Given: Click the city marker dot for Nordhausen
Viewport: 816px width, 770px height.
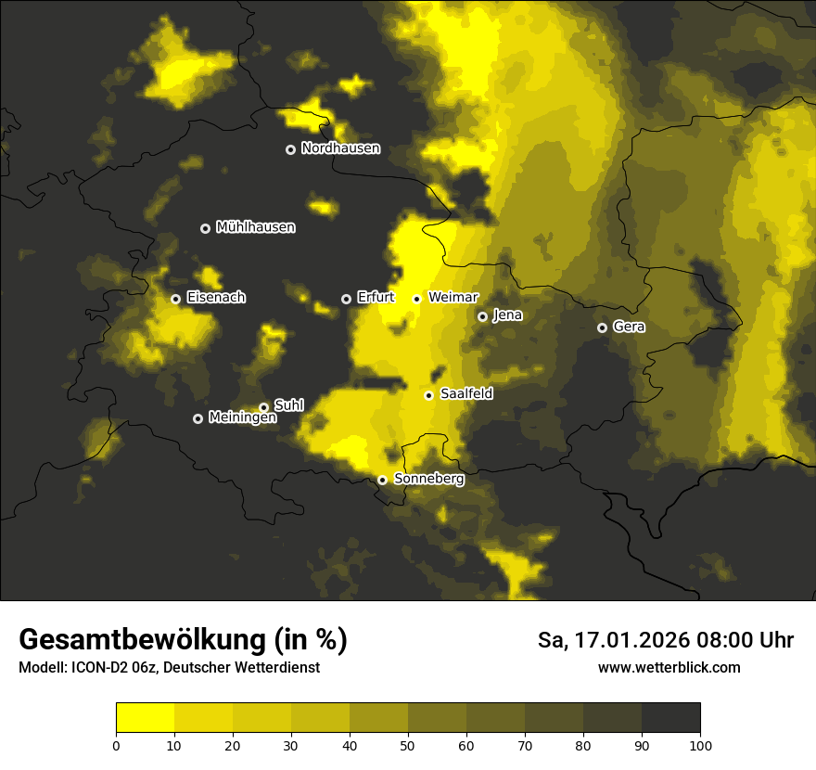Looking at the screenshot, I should (290, 149).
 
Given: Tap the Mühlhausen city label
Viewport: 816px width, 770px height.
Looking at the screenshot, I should (255, 227).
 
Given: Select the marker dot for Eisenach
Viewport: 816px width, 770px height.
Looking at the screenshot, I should (175, 299).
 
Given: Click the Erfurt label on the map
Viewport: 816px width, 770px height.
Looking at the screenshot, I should (376, 298).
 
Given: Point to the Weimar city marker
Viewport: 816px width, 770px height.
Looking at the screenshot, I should (417, 299).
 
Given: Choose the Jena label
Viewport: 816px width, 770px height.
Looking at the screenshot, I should (507, 315).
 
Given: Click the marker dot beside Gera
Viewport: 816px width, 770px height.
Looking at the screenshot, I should (603, 327).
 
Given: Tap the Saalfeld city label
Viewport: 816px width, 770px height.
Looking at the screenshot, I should (466, 394).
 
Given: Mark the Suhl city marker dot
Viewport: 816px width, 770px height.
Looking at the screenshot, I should (263, 407).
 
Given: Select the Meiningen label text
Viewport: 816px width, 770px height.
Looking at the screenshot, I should (242, 418).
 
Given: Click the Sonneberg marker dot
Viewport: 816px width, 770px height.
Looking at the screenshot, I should (382, 480).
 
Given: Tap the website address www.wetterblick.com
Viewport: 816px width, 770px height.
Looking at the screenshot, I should (669, 668).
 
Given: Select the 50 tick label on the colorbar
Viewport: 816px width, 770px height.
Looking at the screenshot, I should (408, 745).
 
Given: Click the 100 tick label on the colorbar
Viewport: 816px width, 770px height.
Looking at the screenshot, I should (700, 745).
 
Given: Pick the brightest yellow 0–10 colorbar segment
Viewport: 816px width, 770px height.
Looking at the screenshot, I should (146, 718).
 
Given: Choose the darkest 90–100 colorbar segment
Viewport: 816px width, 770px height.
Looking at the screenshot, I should (670, 718).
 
